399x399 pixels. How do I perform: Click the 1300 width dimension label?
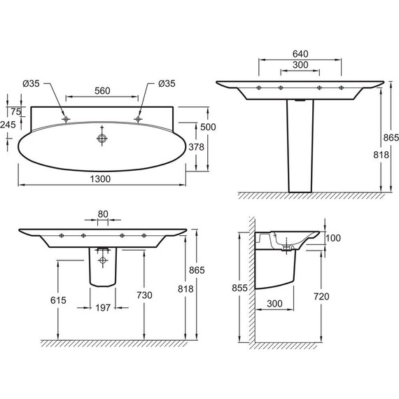pos(100,179)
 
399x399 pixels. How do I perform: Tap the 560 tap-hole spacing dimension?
pos(102,90)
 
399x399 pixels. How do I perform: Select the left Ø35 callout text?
pos(31,83)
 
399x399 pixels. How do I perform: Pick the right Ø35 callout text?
pos(167,83)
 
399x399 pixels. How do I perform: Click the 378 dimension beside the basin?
pos(196,147)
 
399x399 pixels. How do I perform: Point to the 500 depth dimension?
pos(208,127)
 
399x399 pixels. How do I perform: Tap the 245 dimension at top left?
pos(8,125)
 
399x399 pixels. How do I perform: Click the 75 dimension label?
pos(16,111)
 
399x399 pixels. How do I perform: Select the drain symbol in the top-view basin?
pos(102,139)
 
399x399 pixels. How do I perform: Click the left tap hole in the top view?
pos(66,119)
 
